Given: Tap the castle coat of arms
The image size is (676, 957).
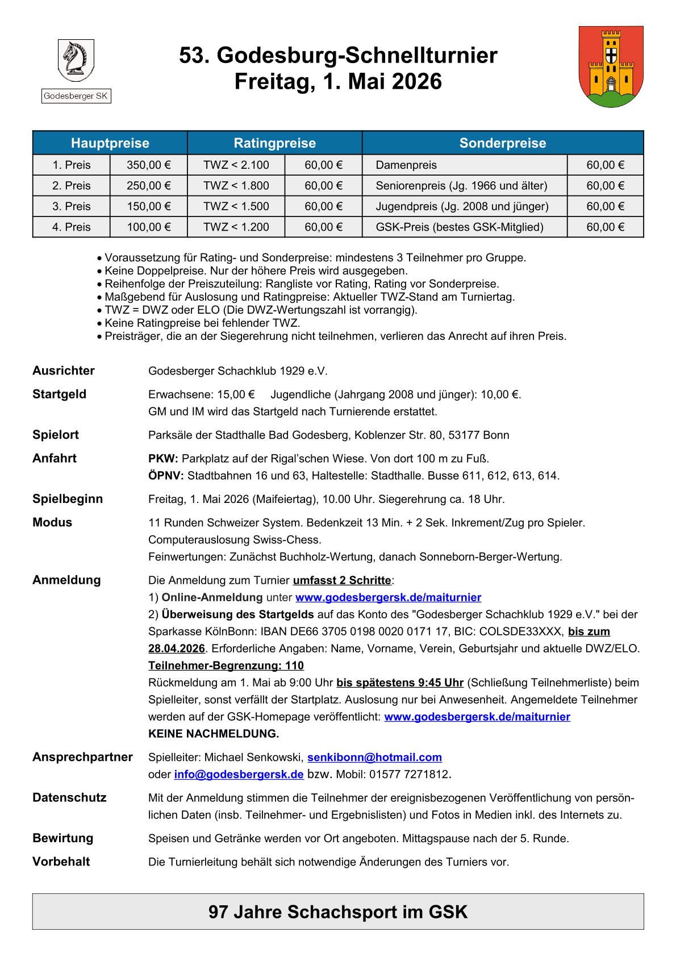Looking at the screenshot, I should (x=611, y=66).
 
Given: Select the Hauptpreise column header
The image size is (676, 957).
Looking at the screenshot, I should (x=110, y=143).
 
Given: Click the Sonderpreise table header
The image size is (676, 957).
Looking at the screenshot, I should (x=503, y=143).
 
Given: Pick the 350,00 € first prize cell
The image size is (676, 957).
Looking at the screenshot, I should (x=149, y=165).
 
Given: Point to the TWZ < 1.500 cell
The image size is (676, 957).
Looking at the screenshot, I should (x=236, y=206).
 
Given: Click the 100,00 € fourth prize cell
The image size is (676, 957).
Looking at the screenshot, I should (x=149, y=227).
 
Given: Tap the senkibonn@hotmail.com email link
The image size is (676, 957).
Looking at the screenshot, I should (x=374, y=758).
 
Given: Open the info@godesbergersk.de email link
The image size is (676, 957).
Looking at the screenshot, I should (x=239, y=775).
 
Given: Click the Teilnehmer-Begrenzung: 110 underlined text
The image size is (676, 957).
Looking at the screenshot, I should (x=226, y=665).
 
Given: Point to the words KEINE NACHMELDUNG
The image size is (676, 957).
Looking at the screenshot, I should (x=214, y=734).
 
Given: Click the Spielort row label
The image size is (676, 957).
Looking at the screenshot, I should (x=56, y=435).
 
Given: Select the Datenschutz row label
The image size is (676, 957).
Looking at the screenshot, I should (x=69, y=798).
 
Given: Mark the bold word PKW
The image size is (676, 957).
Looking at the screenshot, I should (x=163, y=459).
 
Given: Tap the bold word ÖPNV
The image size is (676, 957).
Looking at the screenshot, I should (x=166, y=476).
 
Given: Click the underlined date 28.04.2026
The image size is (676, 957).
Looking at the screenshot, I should (x=177, y=648).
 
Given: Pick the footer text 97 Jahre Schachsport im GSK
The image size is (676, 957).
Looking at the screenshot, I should (x=338, y=912).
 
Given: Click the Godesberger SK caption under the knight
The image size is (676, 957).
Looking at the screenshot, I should (x=76, y=96).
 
